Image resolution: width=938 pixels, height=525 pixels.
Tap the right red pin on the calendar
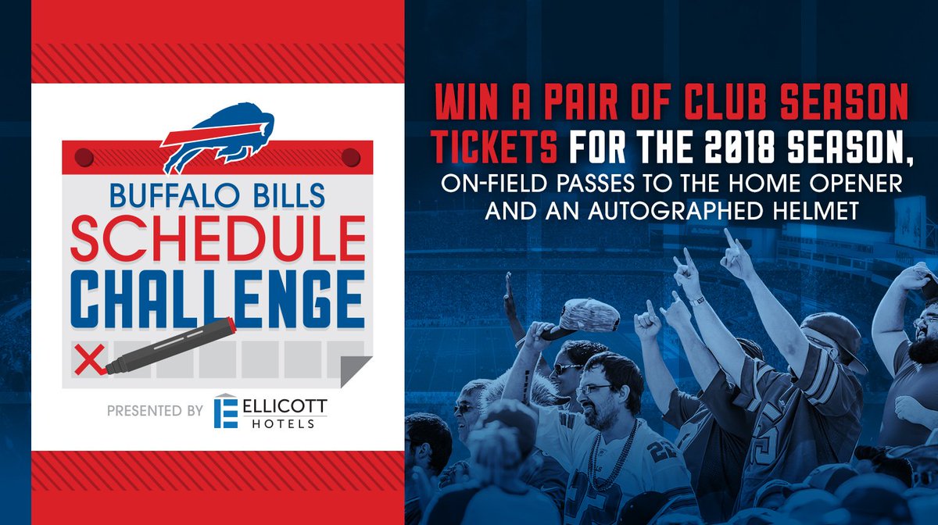point(352,159)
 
